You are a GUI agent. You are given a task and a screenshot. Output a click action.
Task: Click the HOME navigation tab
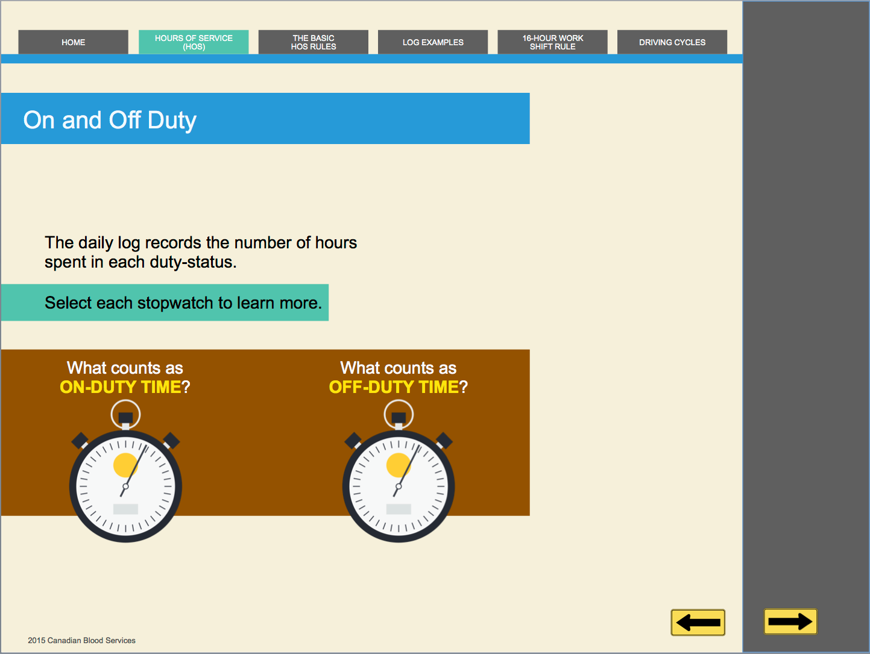click(x=74, y=42)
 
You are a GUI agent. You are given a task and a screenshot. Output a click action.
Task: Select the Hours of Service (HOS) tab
click(x=194, y=42)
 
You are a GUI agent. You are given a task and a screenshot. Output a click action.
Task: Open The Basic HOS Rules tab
click(x=314, y=42)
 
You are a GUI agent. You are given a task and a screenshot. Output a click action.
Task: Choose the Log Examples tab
click(x=433, y=42)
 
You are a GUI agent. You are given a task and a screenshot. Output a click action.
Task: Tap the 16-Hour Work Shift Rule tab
click(x=552, y=42)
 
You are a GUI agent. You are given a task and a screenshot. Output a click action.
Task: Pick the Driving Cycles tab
click(x=672, y=42)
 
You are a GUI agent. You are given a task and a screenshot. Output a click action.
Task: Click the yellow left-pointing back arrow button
click(x=698, y=622)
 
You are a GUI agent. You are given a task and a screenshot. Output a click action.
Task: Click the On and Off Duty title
click(x=110, y=120)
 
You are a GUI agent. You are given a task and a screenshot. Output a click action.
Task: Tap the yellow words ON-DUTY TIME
click(x=121, y=387)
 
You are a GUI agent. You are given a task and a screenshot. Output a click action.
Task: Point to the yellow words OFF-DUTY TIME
click(x=394, y=387)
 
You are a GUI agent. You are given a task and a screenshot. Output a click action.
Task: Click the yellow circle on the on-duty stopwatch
click(x=125, y=465)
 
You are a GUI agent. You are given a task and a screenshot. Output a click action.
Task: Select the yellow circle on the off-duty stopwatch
click(x=399, y=465)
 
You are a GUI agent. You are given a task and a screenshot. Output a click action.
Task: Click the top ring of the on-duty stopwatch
click(x=125, y=401)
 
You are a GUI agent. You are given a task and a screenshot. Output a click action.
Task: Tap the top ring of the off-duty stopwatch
click(x=399, y=401)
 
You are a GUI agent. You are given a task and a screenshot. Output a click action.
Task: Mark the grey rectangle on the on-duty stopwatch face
click(x=125, y=509)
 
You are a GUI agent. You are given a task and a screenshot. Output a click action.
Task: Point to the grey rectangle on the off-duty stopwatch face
click(x=399, y=509)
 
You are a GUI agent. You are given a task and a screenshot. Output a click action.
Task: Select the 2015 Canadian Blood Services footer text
click(x=81, y=641)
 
